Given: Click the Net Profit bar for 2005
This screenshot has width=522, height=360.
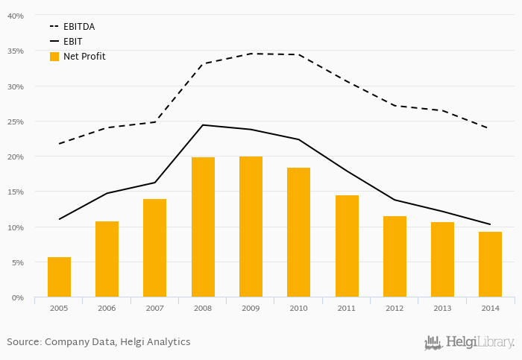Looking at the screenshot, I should [59, 277].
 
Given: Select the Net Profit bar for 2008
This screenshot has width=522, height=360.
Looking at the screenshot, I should [203, 227].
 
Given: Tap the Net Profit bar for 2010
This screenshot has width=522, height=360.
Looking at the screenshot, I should [298, 233].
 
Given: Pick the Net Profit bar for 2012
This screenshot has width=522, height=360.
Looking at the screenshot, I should [394, 256].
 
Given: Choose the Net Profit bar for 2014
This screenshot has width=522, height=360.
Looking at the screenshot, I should [490, 265].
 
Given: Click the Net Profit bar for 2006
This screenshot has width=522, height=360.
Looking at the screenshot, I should [107, 259].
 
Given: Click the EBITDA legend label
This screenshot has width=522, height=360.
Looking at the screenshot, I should [79, 27].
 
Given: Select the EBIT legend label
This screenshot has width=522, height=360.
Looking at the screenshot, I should [73, 42].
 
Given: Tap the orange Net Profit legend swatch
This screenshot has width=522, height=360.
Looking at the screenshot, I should [54, 57].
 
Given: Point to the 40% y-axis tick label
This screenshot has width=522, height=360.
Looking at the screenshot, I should [16, 16].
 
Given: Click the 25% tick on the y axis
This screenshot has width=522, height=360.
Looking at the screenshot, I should [16, 121].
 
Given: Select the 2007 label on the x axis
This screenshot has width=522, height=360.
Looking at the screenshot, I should [154, 308].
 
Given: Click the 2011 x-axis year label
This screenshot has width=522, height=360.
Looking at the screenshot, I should [346, 308].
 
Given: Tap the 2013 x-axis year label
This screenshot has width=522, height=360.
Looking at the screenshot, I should [442, 308].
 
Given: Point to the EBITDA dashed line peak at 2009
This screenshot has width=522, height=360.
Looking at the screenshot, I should [251, 54].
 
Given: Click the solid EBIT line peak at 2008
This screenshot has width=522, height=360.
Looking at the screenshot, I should [203, 125].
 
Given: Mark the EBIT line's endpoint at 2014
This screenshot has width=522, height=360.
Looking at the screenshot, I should [490, 224].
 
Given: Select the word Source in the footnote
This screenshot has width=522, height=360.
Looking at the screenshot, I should [23, 342].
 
